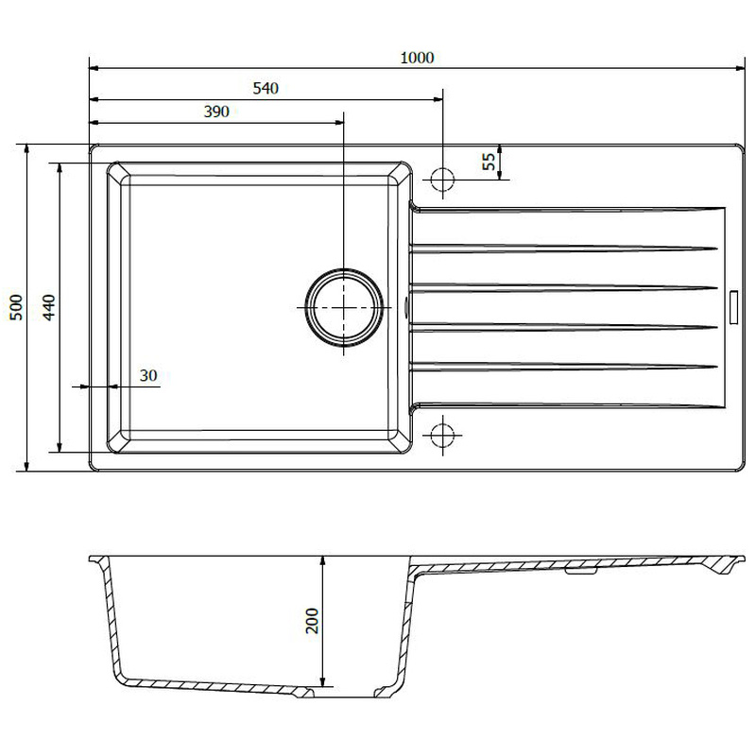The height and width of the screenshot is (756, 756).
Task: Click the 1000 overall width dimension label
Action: [x=416, y=58]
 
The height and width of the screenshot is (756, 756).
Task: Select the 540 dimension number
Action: [x=265, y=89]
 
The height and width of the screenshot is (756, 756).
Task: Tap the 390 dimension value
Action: [x=216, y=112]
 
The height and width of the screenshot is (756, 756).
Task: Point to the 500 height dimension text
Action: [x=14, y=307]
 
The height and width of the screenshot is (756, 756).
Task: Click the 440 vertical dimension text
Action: [x=48, y=307]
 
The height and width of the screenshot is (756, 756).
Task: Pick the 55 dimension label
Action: [x=489, y=162]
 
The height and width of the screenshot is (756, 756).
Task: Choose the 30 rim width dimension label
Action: [x=147, y=375]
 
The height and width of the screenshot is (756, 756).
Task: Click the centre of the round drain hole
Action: [x=343, y=308]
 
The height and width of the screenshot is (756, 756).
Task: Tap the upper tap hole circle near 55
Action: [x=442, y=179]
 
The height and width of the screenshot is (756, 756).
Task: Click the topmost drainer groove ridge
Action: [x=562, y=249]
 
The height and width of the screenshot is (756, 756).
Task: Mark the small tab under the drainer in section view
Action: [x=580, y=570]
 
